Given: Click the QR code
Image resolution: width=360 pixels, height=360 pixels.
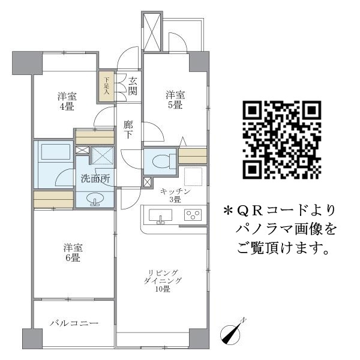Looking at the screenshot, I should (281, 140).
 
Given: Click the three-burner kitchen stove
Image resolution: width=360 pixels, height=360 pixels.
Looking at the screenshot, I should (193, 215).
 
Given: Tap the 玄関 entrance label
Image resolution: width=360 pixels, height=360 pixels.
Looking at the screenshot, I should (132, 86).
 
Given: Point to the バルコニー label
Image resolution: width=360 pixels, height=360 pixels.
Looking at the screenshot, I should (74, 323).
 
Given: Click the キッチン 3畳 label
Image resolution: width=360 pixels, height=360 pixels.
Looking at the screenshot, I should (174, 196).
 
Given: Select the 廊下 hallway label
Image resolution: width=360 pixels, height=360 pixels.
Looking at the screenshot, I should (128, 130).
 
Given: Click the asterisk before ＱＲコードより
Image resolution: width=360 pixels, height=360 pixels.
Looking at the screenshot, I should (227, 211).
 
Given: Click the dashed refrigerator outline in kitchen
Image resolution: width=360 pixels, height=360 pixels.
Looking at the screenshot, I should (193, 176).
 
